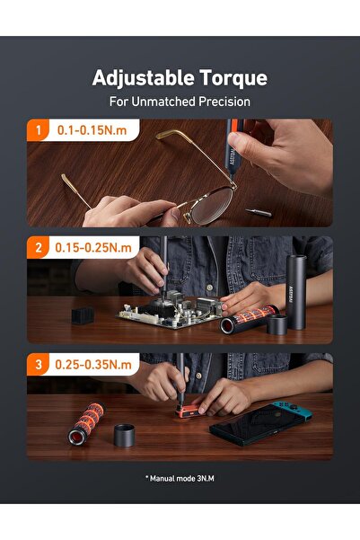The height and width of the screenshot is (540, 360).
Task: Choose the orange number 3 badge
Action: point(37,366)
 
